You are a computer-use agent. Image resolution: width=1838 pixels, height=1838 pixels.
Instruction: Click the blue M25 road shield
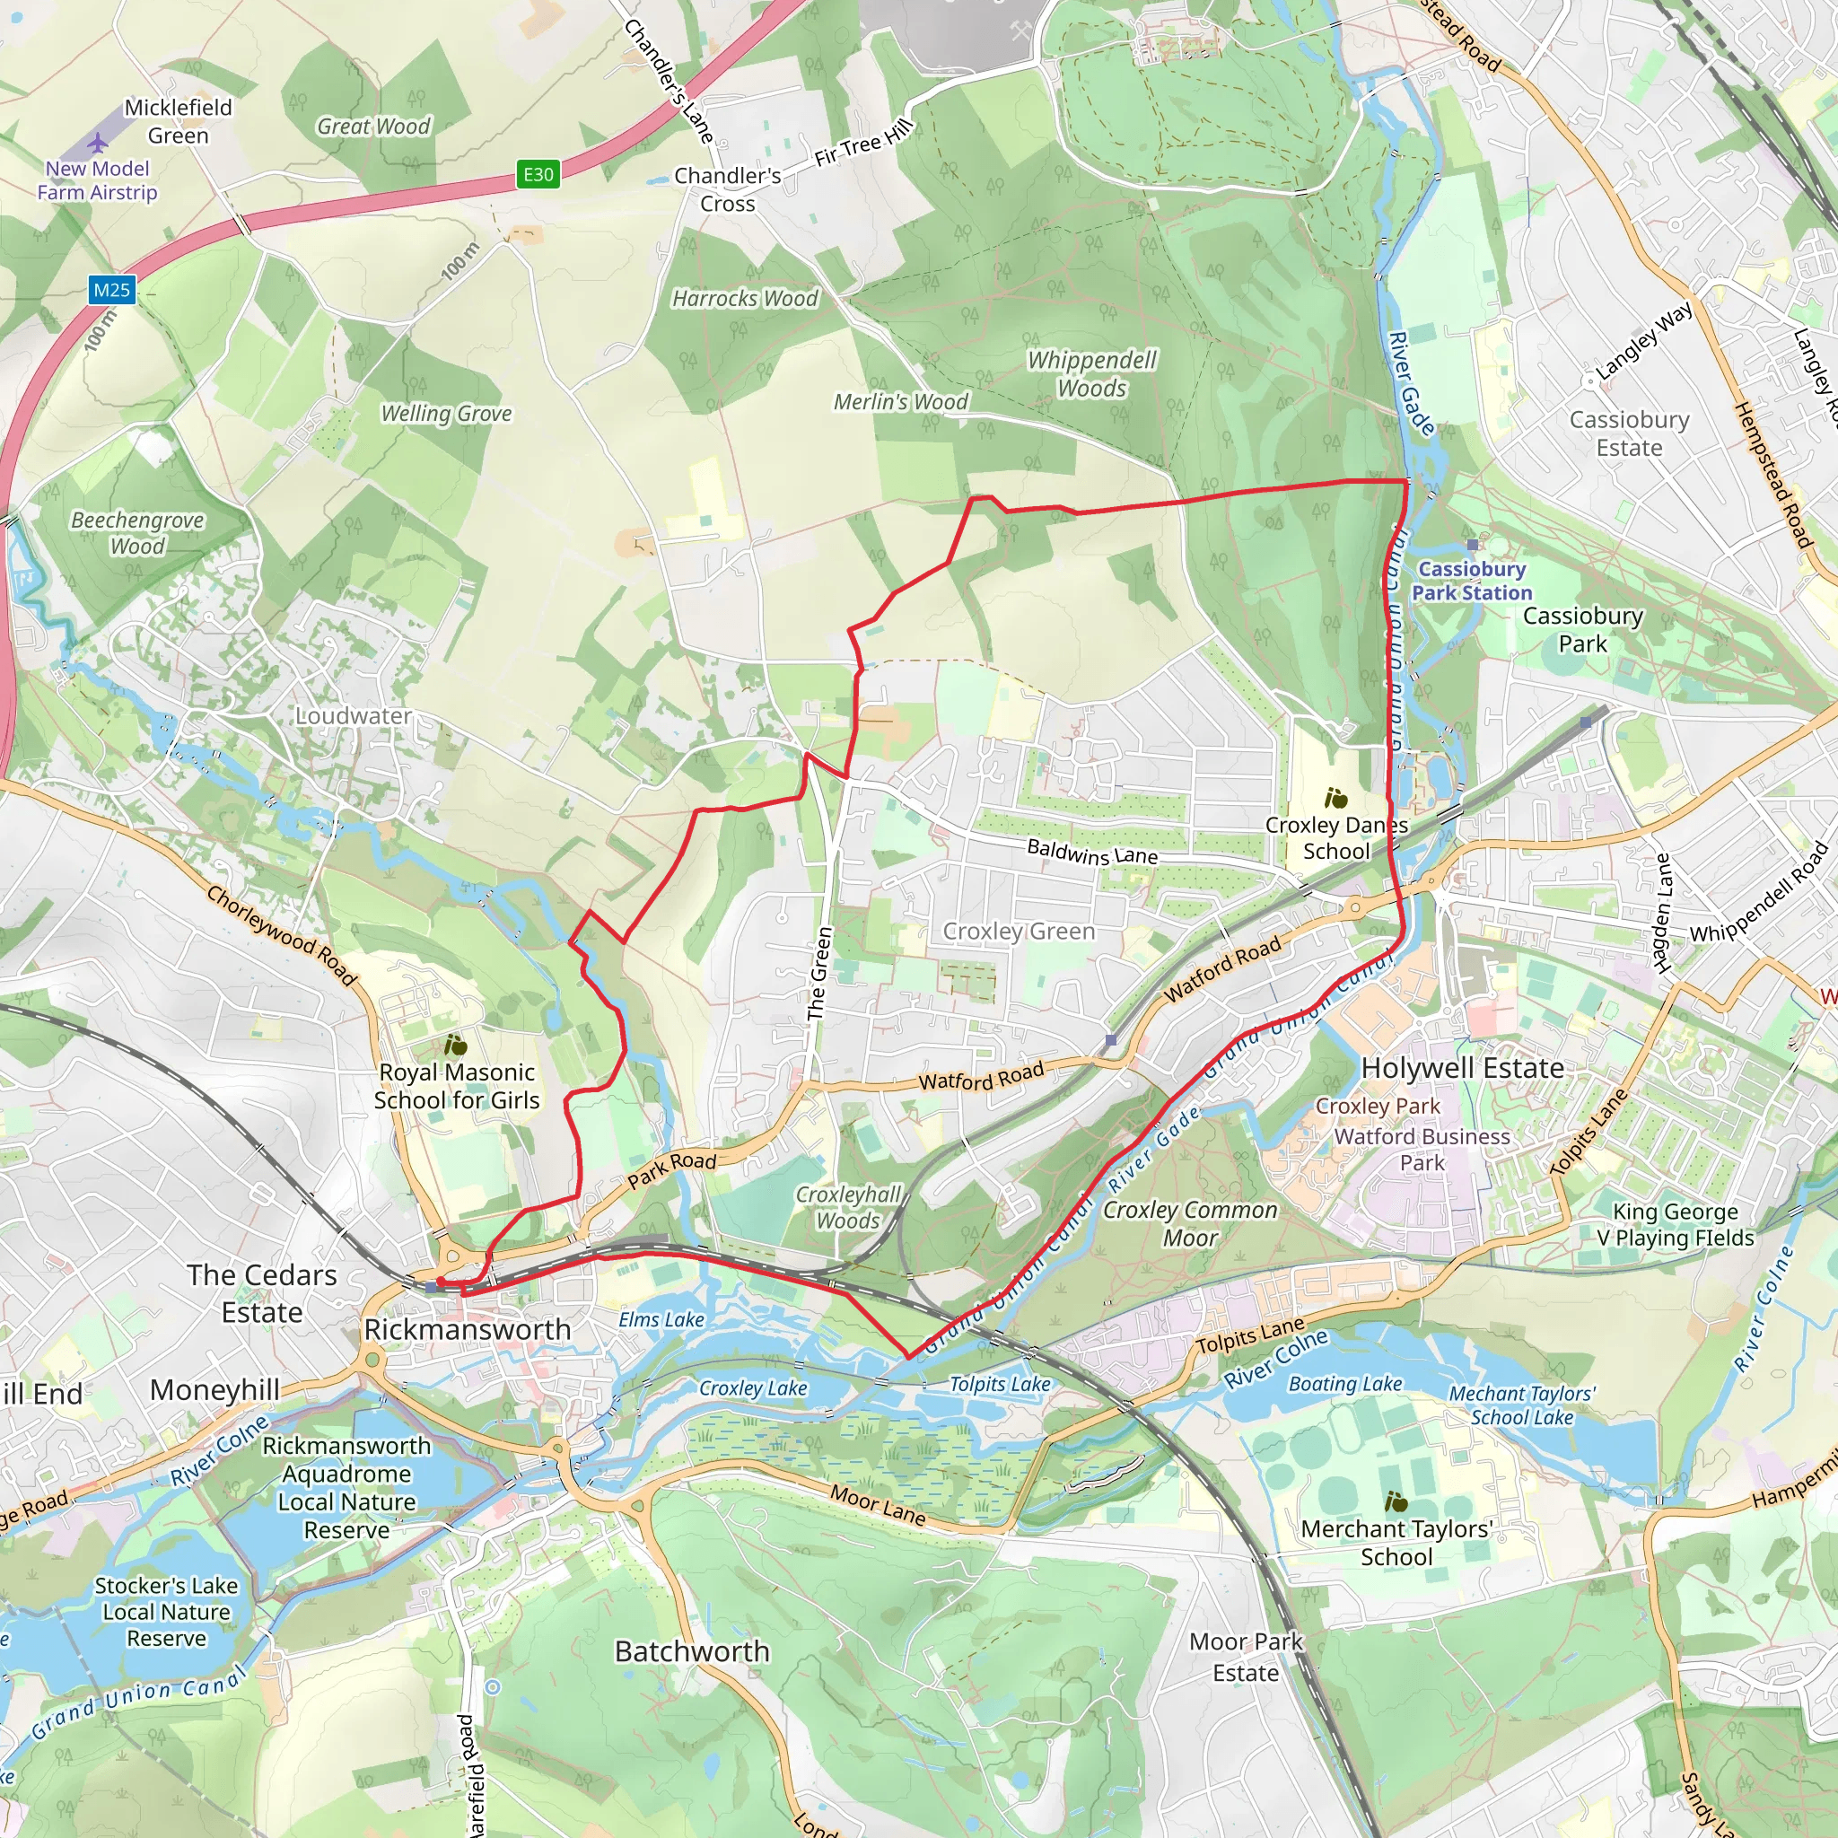click(x=111, y=290)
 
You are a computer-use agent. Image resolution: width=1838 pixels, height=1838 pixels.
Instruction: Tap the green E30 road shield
click(x=538, y=174)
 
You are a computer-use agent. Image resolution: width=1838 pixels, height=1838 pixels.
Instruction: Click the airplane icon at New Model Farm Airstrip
click(x=98, y=144)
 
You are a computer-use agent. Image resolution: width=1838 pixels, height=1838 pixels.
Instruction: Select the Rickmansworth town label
click(x=467, y=1329)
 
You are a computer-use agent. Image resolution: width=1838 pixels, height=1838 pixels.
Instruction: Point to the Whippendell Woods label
click(x=1091, y=374)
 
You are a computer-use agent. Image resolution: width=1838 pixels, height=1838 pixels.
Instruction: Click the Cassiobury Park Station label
click(x=1471, y=581)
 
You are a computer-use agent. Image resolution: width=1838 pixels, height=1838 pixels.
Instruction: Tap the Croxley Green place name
click(x=1018, y=932)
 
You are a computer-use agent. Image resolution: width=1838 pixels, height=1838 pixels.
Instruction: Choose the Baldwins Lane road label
click(x=1092, y=852)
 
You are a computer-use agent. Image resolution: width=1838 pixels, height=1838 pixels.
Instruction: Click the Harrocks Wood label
click(x=745, y=299)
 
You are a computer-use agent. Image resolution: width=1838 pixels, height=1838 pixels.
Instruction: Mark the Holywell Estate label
click(x=1462, y=1068)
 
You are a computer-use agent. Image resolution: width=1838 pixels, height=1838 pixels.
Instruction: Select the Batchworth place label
click(x=692, y=1650)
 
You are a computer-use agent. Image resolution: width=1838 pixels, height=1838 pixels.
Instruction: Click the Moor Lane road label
click(x=877, y=1505)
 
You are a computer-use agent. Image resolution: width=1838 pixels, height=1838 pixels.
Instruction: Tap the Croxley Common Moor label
click(x=1189, y=1223)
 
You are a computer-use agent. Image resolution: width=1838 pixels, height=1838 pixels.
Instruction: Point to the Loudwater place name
click(x=353, y=715)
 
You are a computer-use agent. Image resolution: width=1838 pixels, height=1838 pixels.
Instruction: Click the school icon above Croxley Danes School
click(x=1335, y=798)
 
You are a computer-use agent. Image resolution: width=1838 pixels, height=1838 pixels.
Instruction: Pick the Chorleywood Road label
click(x=281, y=935)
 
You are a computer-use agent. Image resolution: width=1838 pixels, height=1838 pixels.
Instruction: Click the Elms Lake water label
click(x=661, y=1319)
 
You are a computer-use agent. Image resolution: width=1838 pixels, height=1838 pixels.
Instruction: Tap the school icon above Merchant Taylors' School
click(x=1396, y=1502)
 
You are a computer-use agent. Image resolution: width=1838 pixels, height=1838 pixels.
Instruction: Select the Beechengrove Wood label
click(x=137, y=533)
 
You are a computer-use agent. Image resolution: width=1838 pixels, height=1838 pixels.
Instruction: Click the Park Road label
click(x=671, y=1169)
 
